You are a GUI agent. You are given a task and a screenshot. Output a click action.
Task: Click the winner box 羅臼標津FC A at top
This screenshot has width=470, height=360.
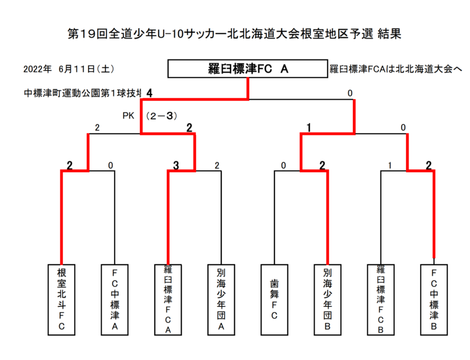point(247,69)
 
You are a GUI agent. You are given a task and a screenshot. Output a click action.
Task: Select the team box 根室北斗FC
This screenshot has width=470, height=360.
point(62,299)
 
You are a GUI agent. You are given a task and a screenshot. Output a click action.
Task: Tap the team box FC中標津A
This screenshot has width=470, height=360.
point(115,299)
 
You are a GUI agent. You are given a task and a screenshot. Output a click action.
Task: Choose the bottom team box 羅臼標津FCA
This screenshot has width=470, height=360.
point(168,299)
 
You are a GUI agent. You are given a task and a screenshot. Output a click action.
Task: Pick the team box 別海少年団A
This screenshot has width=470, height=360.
point(221,299)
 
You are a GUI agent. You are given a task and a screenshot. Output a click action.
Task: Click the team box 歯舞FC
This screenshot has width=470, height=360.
point(274,299)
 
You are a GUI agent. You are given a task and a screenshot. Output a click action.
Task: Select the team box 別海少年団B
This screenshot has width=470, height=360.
point(328,299)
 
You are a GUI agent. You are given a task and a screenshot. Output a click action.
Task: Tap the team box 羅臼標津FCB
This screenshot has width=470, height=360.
point(380,299)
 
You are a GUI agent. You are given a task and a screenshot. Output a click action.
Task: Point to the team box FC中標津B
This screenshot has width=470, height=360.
point(434,299)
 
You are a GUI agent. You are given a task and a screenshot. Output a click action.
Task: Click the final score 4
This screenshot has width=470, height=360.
point(149,93)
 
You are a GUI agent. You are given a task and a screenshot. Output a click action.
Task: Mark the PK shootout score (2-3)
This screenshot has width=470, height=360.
point(162,116)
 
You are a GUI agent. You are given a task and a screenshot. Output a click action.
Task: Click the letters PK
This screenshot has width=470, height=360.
point(129,116)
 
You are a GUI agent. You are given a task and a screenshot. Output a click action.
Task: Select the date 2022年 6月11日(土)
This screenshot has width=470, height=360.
point(69,69)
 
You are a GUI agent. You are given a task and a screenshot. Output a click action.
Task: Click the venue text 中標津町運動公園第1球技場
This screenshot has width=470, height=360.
point(83,93)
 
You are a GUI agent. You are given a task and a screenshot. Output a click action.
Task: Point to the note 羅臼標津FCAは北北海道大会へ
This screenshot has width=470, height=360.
point(396,69)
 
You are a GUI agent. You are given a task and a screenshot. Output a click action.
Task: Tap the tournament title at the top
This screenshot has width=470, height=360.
point(235,33)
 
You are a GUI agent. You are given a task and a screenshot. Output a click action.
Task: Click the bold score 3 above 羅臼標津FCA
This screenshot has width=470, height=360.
point(176,165)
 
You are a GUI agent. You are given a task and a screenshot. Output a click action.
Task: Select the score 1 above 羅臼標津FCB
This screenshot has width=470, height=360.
point(390,165)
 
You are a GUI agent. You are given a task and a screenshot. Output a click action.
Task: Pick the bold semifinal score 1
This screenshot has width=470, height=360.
point(309,128)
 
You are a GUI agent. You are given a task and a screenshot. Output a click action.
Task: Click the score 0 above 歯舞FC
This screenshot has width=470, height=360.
point(283,165)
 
